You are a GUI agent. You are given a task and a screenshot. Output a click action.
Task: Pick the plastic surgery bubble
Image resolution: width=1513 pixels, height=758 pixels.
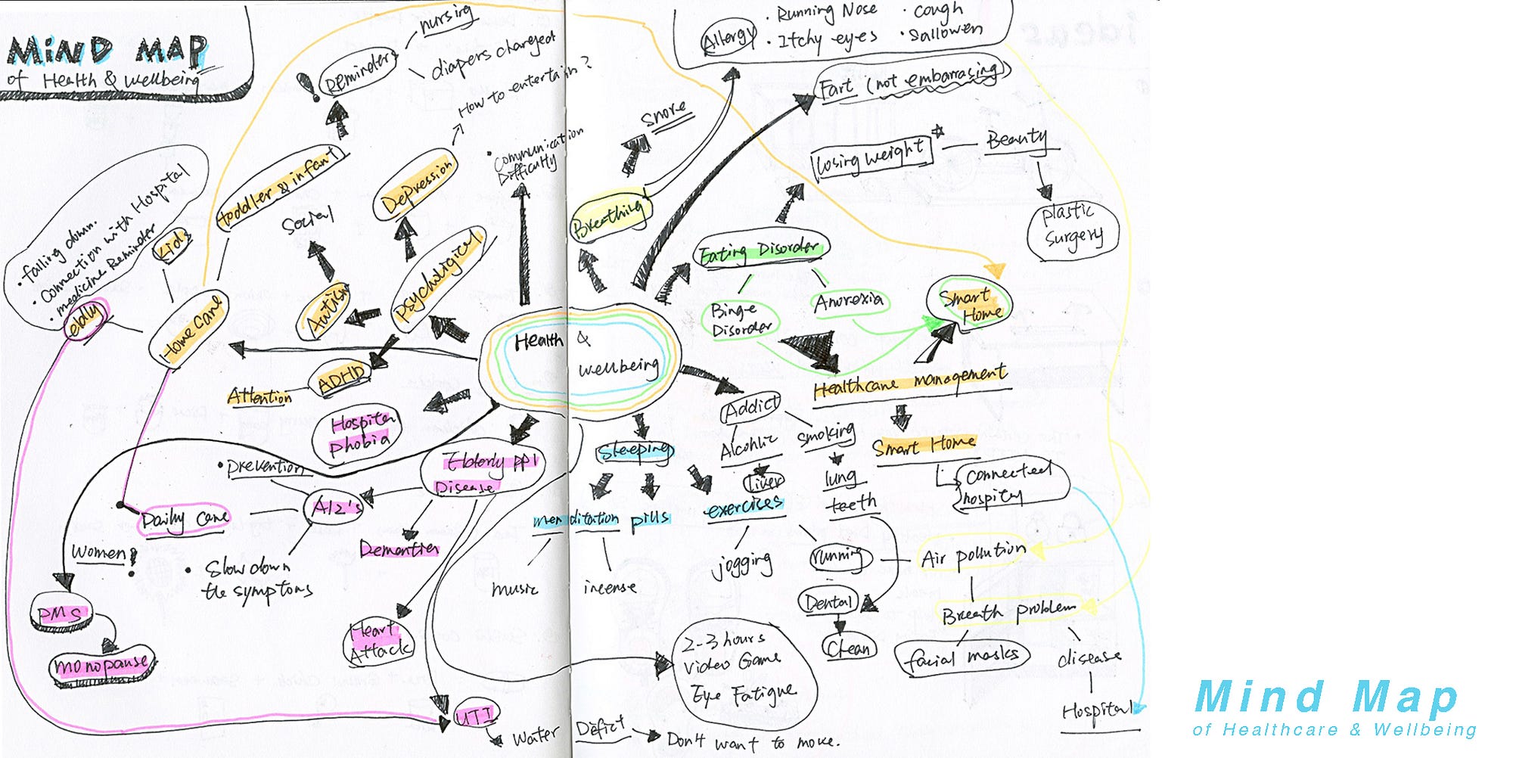point(1071,227)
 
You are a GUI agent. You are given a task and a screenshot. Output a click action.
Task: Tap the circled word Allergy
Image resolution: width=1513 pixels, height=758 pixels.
point(728,37)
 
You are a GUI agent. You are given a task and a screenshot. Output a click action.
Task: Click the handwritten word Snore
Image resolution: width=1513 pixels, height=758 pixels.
point(664,114)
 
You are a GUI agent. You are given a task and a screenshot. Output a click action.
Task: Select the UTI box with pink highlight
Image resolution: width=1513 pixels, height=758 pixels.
point(475,715)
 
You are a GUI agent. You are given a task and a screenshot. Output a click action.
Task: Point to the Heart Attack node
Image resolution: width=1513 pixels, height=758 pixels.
point(380,642)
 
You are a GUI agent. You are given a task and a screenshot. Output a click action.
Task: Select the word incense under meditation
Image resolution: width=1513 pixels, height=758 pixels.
point(610,587)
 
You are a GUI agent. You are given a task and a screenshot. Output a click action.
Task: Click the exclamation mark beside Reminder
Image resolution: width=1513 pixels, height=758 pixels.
point(307,87)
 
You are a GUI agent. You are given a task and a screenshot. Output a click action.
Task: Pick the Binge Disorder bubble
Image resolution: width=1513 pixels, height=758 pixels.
point(741,320)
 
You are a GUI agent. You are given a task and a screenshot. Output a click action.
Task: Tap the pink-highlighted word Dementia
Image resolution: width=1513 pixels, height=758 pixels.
point(399,548)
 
